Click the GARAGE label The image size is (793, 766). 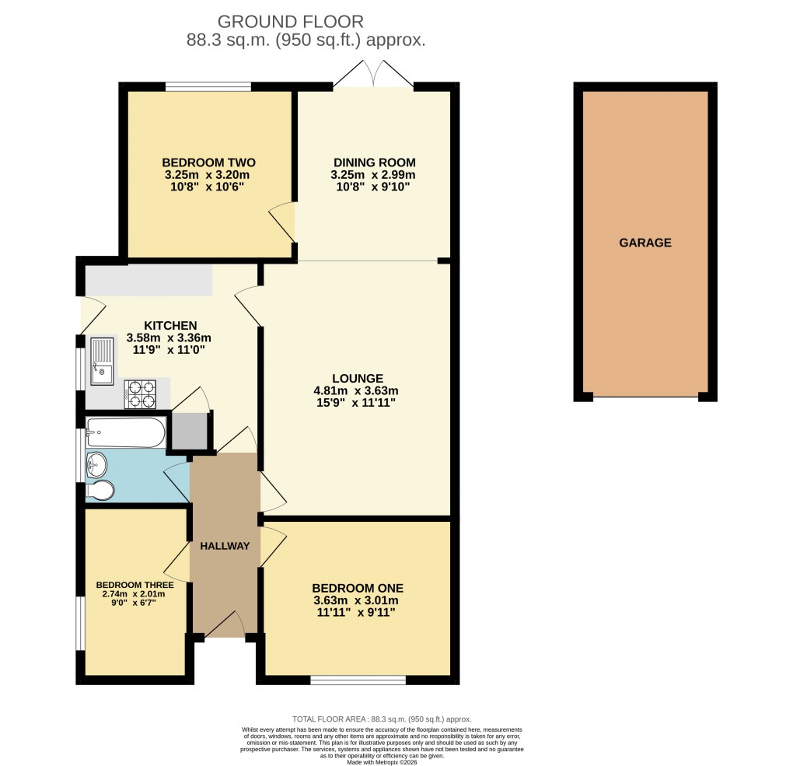[x=645, y=243]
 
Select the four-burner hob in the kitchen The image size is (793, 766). [x=141, y=393]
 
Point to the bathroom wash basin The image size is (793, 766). [x=97, y=465]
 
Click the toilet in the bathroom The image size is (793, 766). [x=100, y=491]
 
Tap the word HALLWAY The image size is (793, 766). [x=225, y=546]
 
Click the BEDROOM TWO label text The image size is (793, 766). [x=208, y=163]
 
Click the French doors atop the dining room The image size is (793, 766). [x=374, y=76]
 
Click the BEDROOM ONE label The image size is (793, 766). [x=357, y=588]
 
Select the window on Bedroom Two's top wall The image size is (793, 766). [x=208, y=86]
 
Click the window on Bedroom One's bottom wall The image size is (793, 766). [x=358, y=680]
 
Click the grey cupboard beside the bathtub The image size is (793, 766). [x=189, y=432]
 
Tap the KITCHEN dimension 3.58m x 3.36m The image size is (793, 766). [x=169, y=338]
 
